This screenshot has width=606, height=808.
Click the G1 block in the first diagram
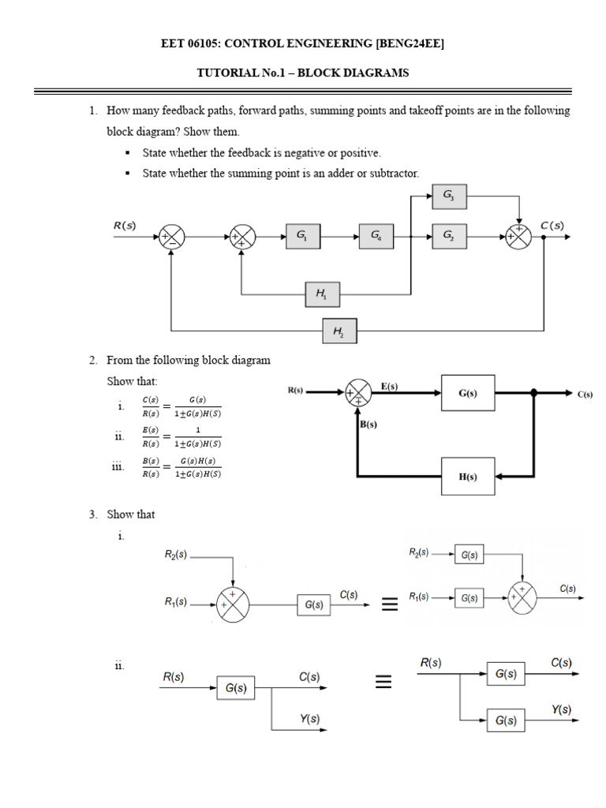pyautogui.click(x=302, y=235)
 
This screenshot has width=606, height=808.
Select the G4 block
pyautogui.click(x=376, y=235)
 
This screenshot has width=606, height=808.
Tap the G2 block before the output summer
pyautogui.click(x=449, y=235)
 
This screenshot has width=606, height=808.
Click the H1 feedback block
pyautogui.click(x=323, y=295)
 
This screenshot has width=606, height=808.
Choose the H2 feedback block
pyautogui.click(x=340, y=332)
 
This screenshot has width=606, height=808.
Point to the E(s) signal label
pyautogui.click(x=390, y=386)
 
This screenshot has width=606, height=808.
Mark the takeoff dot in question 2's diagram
pyautogui.click(x=534, y=393)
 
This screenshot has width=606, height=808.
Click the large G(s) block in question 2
pyautogui.click(x=467, y=393)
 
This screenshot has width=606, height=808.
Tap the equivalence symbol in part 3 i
pyautogui.click(x=389, y=605)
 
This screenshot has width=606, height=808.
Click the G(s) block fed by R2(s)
pyautogui.click(x=469, y=555)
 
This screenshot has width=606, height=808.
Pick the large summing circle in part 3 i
pyautogui.click(x=233, y=604)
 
